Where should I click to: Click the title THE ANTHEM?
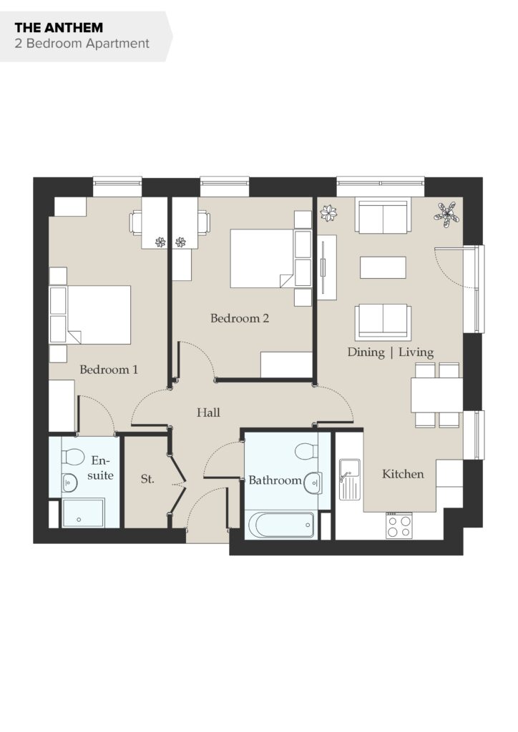59,28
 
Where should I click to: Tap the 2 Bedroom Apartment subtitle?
82,44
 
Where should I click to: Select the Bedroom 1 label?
109,370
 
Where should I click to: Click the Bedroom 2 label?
240,318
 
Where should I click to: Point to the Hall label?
208,412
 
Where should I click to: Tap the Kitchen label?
403,475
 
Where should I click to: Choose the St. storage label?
147,479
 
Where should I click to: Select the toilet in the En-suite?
72,456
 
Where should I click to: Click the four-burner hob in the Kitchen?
399,525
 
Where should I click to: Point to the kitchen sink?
350,480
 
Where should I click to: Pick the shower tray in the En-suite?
83,513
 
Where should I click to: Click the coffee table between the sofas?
383,267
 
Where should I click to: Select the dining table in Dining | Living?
436,395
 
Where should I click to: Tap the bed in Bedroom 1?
90,315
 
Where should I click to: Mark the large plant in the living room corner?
447,214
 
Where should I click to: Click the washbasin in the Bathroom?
313,483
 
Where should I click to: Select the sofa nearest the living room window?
383,216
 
